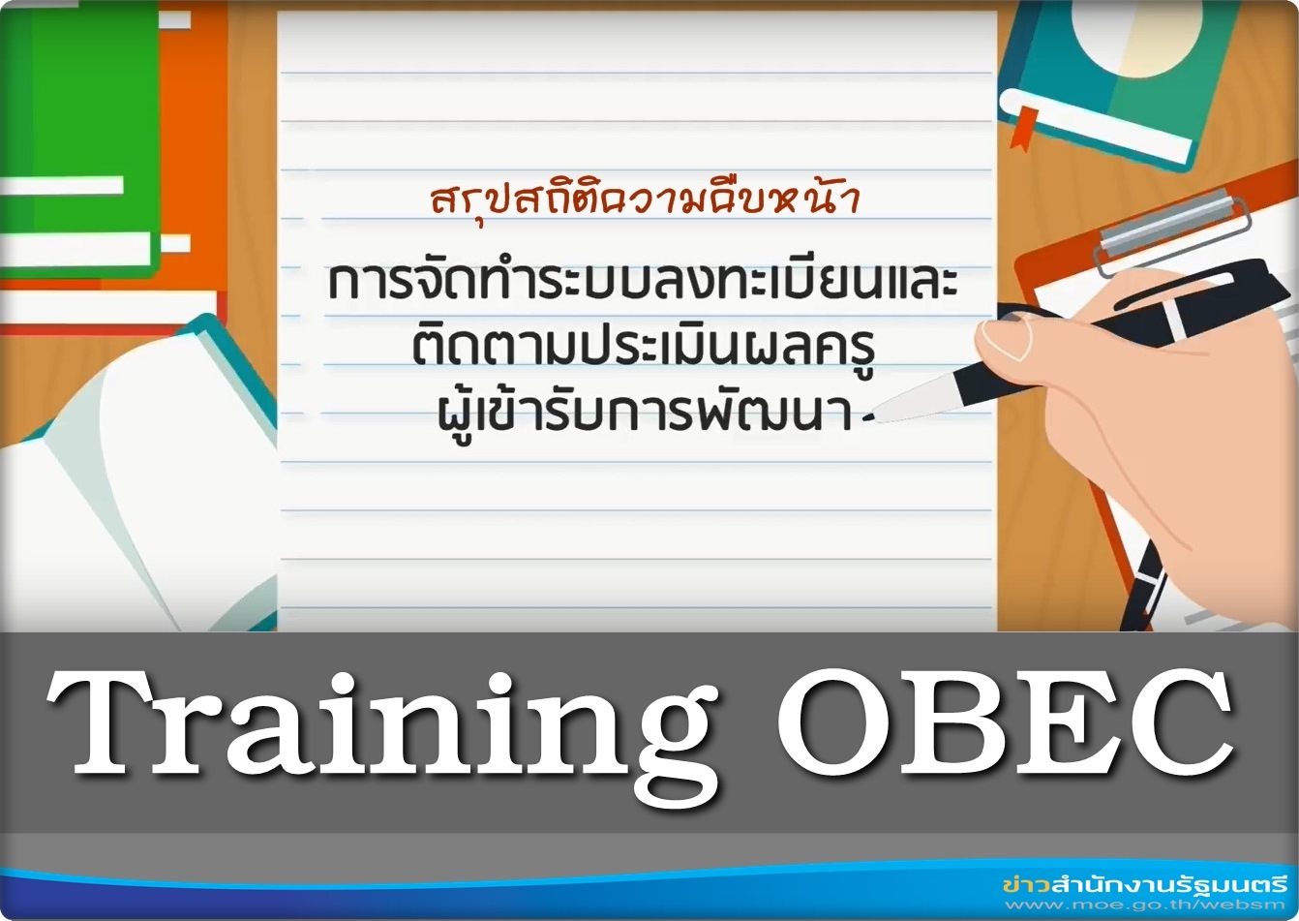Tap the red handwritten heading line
click(645, 200)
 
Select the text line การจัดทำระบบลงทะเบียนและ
click(643, 283)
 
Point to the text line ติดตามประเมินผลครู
click(644, 349)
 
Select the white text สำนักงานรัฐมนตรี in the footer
click(1166, 884)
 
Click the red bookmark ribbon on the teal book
click(1023, 128)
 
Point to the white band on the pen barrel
click(1175, 322)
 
